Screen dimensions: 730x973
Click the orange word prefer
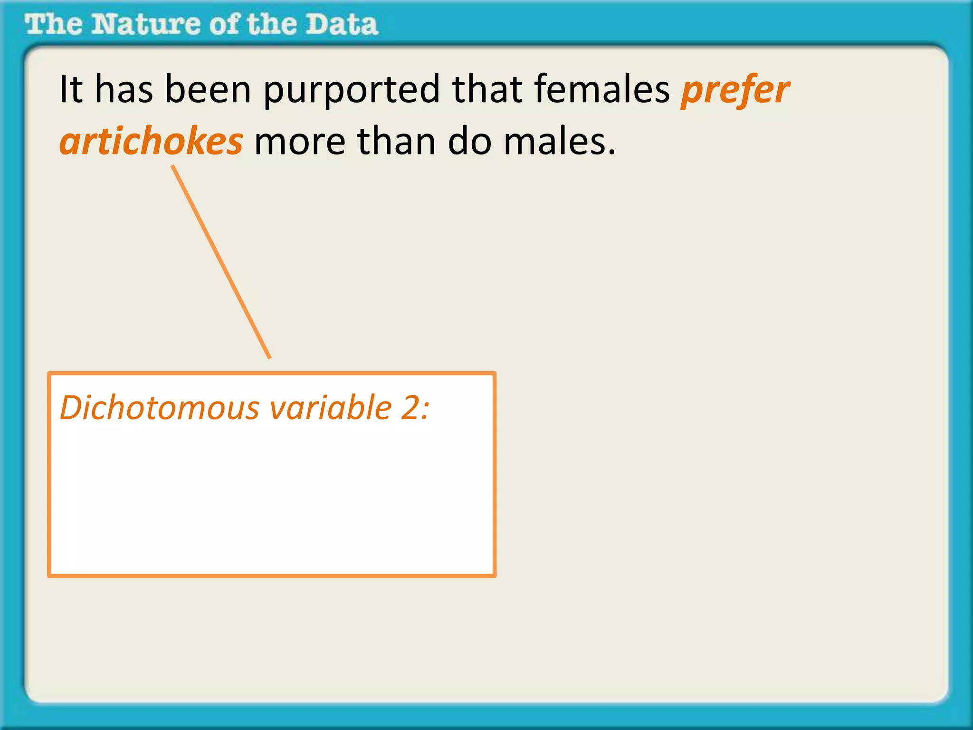click(x=735, y=90)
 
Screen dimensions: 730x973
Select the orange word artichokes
click(x=151, y=142)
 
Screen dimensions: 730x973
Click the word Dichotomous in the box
click(x=160, y=408)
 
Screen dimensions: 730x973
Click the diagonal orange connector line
click(x=221, y=261)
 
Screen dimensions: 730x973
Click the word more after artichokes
click(x=300, y=142)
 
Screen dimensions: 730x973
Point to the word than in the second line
click(x=396, y=142)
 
